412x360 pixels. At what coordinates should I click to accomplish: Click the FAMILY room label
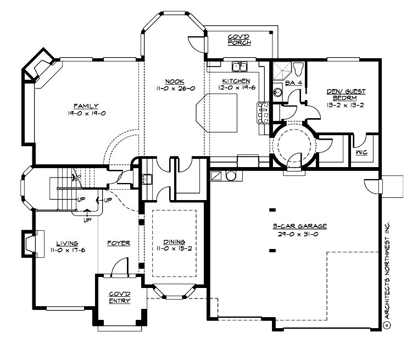click(86, 106)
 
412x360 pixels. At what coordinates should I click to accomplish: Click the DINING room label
click(174, 242)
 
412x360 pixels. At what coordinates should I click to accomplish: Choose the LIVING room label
click(66, 243)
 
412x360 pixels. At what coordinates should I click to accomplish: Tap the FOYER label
click(118, 243)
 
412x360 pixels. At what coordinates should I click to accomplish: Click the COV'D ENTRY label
click(119, 297)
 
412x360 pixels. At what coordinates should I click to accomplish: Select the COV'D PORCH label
click(239, 40)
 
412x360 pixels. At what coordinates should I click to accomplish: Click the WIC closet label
click(361, 152)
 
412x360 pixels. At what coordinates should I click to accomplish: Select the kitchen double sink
click(240, 67)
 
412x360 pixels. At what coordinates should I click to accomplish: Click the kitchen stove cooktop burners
click(264, 112)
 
